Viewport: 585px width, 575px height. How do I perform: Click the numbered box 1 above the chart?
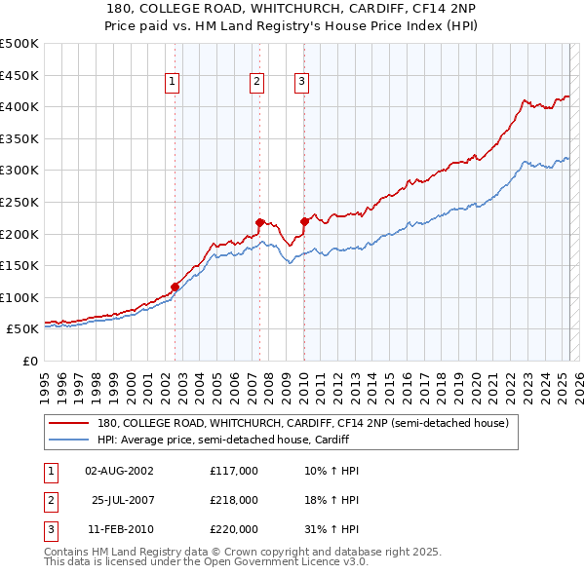172,83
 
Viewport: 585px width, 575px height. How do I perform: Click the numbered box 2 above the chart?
256,83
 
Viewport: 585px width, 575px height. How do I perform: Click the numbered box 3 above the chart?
301,83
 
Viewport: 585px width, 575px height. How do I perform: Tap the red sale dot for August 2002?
175,287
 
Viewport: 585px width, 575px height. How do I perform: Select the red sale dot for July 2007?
260,222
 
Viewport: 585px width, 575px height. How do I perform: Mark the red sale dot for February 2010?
304,221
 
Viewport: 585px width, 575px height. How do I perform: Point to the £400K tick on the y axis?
19,106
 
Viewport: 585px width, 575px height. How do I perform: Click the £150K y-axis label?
19,265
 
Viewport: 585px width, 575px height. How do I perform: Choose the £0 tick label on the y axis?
30,361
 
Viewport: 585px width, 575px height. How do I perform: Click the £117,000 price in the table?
233,471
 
